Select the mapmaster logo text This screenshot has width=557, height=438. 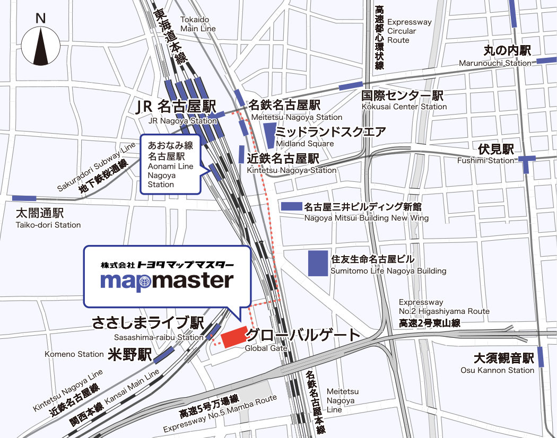tap(167, 281)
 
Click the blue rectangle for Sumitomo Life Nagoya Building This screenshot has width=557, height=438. tap(318, 263)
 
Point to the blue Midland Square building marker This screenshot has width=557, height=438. tap(270, 135)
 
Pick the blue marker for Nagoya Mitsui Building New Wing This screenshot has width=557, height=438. tap(291, 206)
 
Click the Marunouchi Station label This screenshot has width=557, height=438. tap(494, 63)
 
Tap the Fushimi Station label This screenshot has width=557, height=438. tap(486, 160)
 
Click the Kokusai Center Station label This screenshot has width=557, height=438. tap(404, 107)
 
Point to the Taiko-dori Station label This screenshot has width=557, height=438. tap(48, 225)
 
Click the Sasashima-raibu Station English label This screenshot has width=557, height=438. tap(159, 337)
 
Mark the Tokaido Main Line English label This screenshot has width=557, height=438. tap(198, 24)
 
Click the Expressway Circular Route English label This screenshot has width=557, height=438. tap(409, 31)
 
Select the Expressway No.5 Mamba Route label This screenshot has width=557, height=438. tap(220, 414)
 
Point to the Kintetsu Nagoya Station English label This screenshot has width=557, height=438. tap(292, 170)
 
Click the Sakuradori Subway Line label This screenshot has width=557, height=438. tap(96, 167)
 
